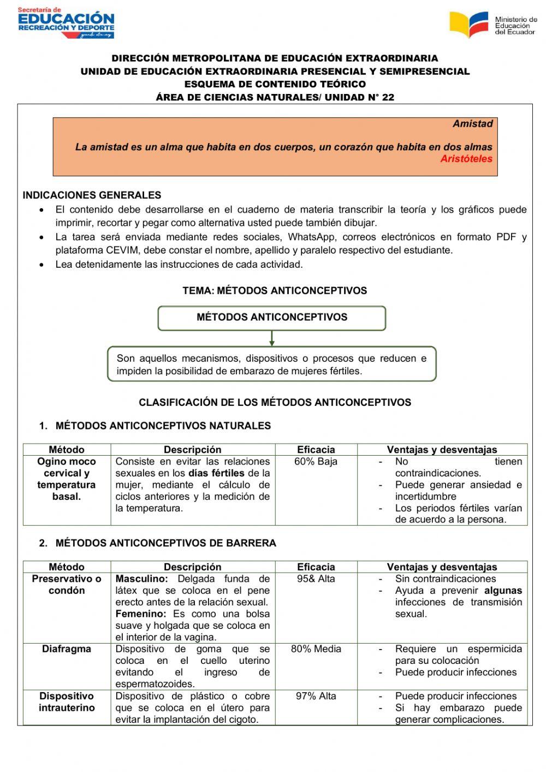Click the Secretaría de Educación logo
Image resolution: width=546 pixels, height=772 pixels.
66,23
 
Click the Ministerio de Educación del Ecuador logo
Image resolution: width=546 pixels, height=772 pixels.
492,25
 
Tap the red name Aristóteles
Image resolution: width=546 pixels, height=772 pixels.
466,159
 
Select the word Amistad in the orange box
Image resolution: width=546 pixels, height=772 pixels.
472,124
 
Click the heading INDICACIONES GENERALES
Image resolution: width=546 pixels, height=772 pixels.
92,195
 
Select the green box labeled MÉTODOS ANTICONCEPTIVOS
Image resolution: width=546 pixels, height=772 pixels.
272,317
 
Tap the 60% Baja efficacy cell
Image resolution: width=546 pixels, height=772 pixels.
316,462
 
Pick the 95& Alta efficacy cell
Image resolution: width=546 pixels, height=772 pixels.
316,579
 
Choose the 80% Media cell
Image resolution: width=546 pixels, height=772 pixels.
316,649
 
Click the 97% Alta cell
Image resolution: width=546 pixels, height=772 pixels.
316,696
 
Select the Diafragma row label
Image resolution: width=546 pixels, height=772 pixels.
67,649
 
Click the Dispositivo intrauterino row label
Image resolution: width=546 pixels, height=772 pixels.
67,702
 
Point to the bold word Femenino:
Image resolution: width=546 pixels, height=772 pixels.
141,614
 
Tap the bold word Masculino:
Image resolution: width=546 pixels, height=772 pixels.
141,579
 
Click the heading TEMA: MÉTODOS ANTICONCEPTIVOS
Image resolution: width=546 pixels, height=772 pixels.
275,291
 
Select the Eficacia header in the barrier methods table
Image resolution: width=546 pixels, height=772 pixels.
316,567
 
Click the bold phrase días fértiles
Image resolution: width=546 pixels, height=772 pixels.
216,474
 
